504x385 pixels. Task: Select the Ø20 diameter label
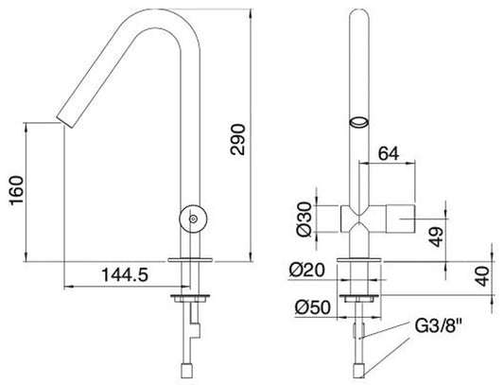(306, 271)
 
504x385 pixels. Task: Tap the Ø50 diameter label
(306, 307)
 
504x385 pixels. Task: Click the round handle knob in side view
(194, 219)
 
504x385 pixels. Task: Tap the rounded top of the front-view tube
(359, 13)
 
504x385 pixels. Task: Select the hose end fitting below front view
(358, 369)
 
